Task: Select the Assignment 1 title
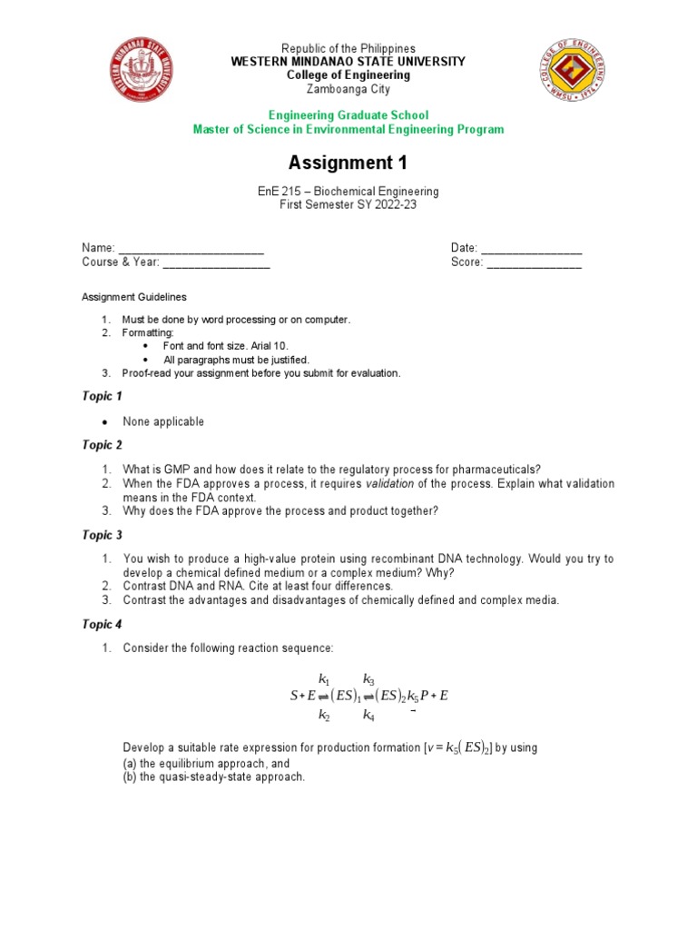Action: pyautogui.click(x=348, y=163)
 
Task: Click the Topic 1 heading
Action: pyautogui.click(x=102, y=396)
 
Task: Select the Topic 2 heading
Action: pyautogui.click(x=102, y=445)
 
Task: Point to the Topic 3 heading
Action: pyautogui.click(x=102, y=535)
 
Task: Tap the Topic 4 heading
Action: pyautogui.click(x=102, y=624)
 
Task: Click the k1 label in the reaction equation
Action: pyautogui.click(x=324, y=678)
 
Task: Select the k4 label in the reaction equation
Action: pyautogui.click(x=368, y=716)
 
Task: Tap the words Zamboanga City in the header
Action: pyautogui.click(x=348, y=88)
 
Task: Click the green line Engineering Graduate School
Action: pyautogui.click(x=348, y=115)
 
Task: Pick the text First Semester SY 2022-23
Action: pyautogui.click(x=348, y=205)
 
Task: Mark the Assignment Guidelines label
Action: pyautogui.click(x=134, y=297)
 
